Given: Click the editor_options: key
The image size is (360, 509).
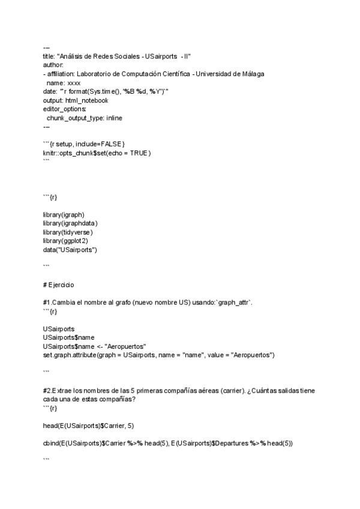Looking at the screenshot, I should (x=64, y=109).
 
